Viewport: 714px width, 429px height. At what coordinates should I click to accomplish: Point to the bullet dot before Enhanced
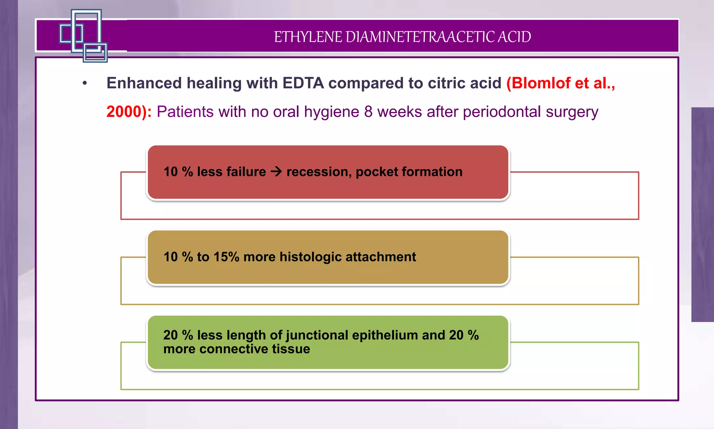(x=85, y=83)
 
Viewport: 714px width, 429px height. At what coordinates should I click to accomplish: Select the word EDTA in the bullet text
(x=303, y=83)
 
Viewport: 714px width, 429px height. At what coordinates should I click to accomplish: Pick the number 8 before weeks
(x=369, y=112)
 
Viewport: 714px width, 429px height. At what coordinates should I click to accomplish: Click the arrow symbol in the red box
(x=276, y=171)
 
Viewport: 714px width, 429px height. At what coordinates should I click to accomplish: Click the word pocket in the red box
(x=377, y=172)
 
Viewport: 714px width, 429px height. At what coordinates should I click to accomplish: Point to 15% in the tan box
(x=226, y=257)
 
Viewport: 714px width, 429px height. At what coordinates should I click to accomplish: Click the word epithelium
(x=385, y=335)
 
